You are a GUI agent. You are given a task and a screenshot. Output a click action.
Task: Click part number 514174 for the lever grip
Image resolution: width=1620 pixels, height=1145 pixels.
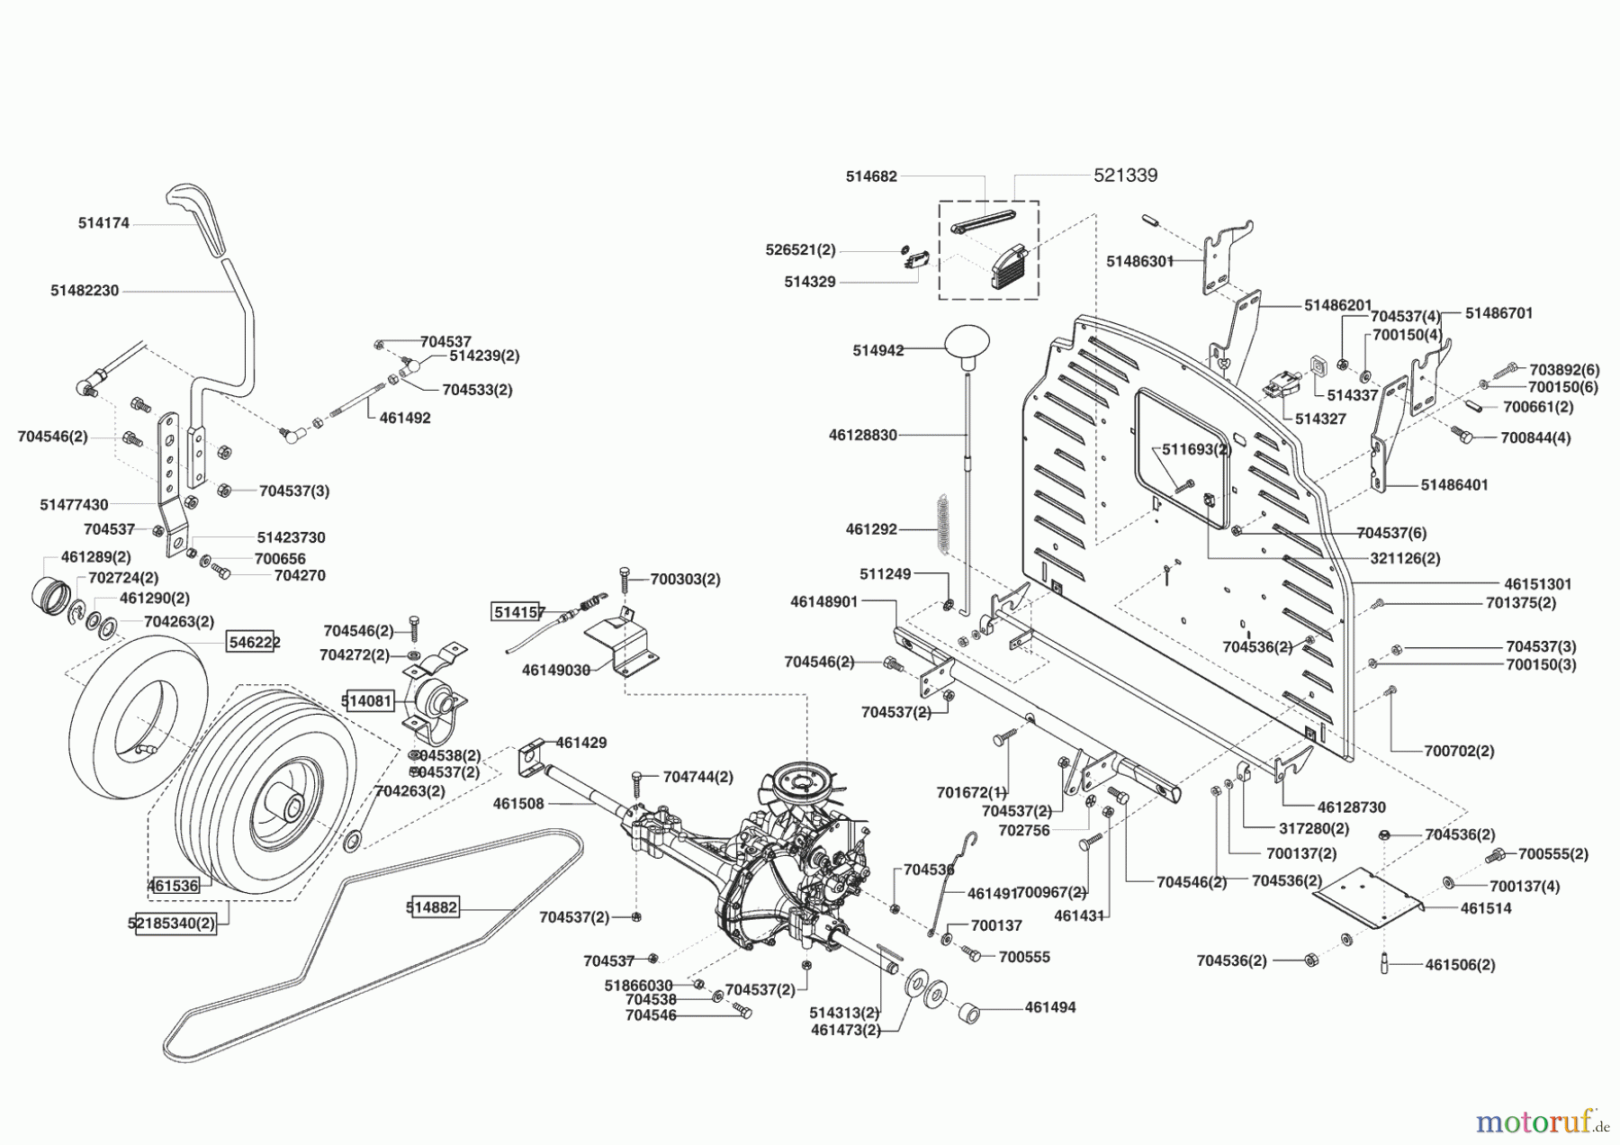coord(103,223)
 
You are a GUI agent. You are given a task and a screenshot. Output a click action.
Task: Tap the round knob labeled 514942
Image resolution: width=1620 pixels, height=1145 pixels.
coord(967,344)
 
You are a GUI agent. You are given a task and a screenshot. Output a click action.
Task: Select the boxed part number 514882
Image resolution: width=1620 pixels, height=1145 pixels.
coord(433,907)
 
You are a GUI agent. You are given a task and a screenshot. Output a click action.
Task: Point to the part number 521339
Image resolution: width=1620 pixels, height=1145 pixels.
coord(1125,176)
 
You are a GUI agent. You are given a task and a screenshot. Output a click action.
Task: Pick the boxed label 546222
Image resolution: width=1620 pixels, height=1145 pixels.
coord(254,642)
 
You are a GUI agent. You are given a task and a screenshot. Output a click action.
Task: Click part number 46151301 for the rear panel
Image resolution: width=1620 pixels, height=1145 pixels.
coord(1537,584)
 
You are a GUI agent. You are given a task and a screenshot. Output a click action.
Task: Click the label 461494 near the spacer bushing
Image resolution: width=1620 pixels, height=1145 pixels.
coord(1049,1007)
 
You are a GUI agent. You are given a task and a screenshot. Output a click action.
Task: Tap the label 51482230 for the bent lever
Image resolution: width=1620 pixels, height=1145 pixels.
coord(85,291)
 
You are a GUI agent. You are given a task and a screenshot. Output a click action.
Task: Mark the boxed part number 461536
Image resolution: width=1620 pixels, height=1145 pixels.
coord(173,886)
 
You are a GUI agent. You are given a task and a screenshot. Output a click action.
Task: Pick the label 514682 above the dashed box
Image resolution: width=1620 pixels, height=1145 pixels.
coord(870,177)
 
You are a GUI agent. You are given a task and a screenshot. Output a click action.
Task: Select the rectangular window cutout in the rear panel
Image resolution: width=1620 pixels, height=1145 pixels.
coord(1183,457)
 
